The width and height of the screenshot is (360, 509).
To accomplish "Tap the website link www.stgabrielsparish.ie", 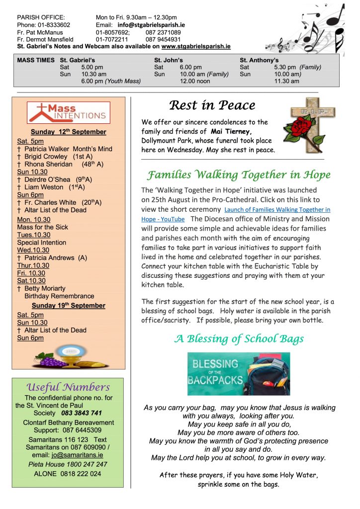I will [196, 46].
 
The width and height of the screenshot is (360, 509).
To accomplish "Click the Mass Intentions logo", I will [68, 112].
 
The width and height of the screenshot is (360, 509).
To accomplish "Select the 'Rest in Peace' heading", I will [212, 105].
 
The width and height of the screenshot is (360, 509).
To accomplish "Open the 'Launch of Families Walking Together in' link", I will [277, 210].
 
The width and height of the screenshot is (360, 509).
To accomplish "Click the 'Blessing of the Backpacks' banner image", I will [238, 374].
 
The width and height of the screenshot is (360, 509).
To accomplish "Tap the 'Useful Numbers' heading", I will [68, 387].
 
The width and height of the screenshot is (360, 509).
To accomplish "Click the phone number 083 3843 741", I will [82, 413].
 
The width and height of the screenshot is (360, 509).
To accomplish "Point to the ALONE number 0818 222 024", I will [68, 474].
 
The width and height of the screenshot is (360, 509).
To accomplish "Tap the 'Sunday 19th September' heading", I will [68, 305].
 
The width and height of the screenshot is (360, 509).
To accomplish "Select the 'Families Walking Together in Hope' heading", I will [239, 175].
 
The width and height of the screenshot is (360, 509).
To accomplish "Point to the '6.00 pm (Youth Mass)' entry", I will [111, 81].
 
